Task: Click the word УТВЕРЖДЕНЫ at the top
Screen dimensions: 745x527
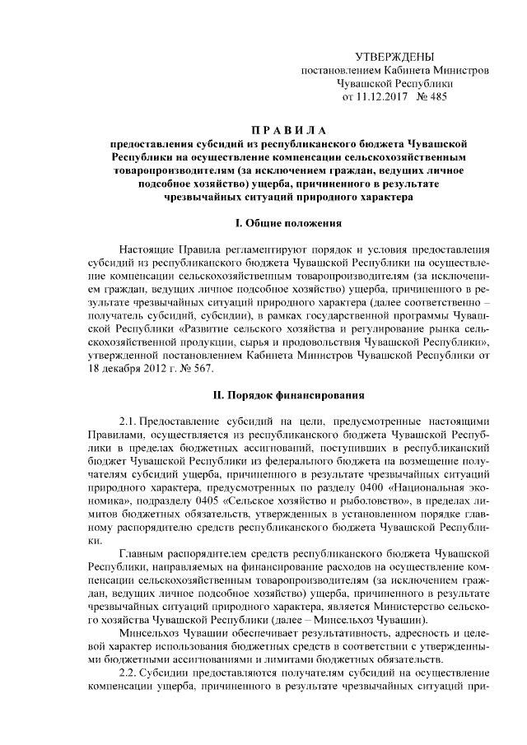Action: click(x=394, y=56)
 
